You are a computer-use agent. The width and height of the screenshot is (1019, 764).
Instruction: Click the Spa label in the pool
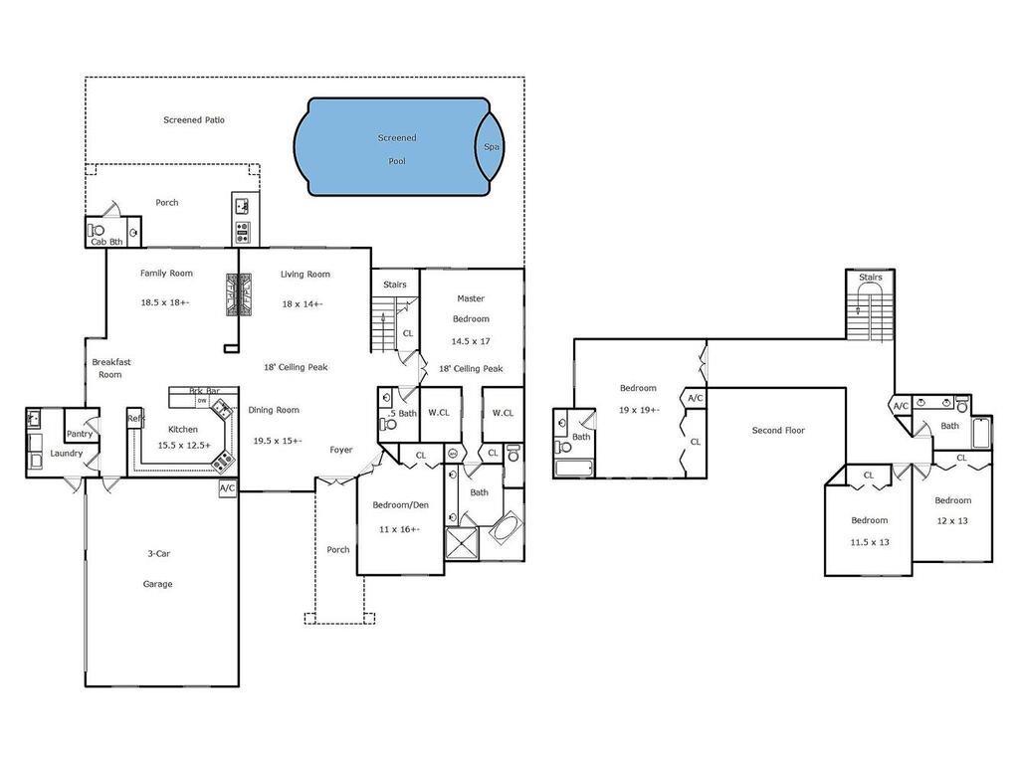492,147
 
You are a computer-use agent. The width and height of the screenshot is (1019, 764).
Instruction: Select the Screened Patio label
194,120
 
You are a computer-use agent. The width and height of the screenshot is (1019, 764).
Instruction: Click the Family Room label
166,274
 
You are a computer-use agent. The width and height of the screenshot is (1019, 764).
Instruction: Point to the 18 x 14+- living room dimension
303,304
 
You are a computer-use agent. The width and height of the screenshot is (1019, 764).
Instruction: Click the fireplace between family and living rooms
239,294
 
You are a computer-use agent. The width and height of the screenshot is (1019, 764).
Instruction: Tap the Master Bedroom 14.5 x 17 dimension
471,341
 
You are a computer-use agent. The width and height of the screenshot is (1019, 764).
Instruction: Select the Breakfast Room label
110,368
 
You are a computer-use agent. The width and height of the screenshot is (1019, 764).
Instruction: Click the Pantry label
80,434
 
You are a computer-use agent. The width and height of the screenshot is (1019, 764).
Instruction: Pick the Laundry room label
67,454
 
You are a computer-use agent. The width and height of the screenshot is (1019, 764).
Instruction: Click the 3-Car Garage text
158,568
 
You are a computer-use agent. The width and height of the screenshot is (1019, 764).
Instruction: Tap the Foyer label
341,450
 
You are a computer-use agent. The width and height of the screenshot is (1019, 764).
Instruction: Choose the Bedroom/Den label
400,505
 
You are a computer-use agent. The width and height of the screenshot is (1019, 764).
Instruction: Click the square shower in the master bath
462,543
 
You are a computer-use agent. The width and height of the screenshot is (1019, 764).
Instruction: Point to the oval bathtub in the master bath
504,529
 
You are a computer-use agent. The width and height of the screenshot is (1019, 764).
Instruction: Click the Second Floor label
778,430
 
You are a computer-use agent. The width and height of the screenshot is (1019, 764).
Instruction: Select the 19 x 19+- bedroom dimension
640,410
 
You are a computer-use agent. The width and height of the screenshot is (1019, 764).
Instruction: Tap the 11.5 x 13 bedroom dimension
870,542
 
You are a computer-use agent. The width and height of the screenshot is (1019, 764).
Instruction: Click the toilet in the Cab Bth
97,230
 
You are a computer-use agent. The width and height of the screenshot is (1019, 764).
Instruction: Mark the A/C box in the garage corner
228,488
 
